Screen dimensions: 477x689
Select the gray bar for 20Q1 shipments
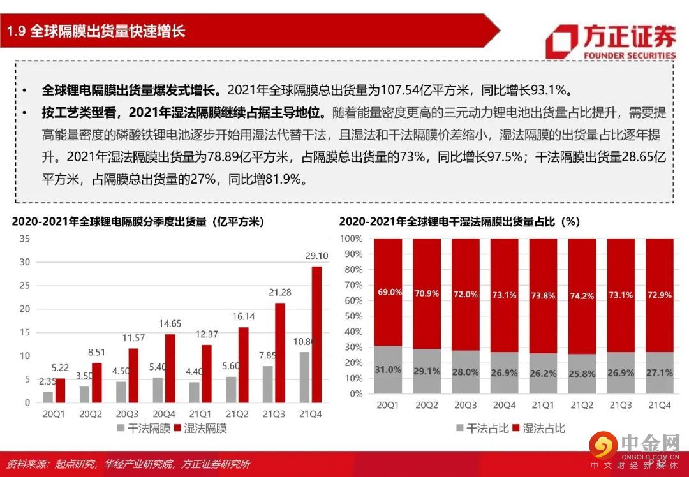(48, 397)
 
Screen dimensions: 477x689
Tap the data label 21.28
(281, 292)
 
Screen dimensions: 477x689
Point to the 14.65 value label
(170, 323)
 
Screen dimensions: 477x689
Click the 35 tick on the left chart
(25, 238)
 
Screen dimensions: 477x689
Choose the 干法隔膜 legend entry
(142, 428)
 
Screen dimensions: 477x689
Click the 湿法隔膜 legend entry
(198, 428)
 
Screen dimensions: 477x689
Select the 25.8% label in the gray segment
(582, 372)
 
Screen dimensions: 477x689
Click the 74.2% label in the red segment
(582, 297)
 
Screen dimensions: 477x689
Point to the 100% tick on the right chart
(352, 238)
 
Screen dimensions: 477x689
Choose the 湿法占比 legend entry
(537, 428)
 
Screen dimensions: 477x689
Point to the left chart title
(138, 222)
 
